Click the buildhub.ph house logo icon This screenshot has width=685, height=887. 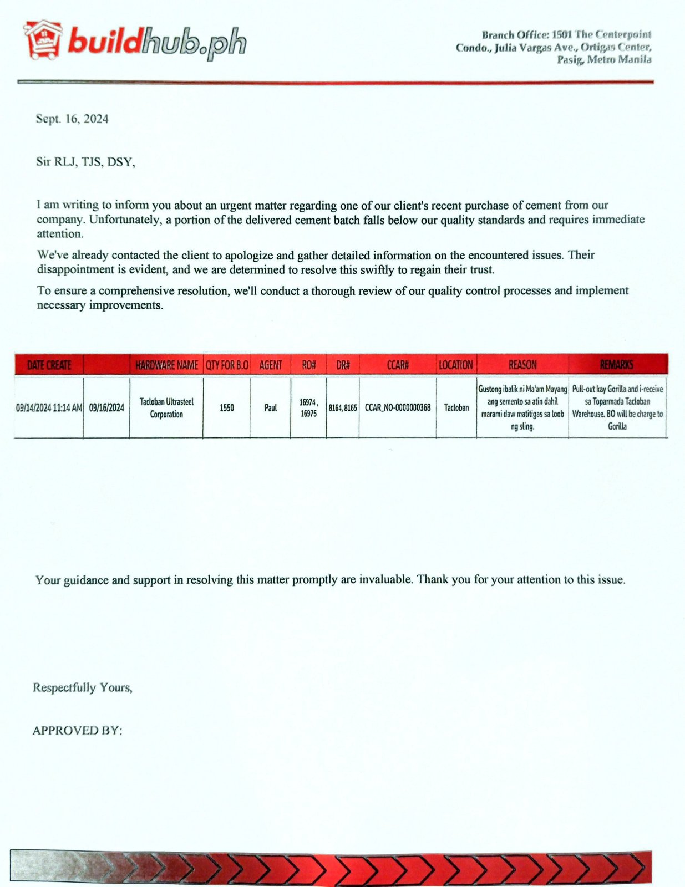(x=43, y=40)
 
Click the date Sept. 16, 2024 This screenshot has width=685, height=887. (x=72, y=119)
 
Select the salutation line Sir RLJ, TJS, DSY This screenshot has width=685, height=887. (x=85, y=162)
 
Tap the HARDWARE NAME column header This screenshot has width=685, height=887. (x=166, y=365)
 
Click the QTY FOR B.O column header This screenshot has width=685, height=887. (x=227, y=365)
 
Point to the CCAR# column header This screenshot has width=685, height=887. (x=398, y=365)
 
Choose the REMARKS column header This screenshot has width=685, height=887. (x=617, y=365)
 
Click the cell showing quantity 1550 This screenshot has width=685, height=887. (x=227, y=407)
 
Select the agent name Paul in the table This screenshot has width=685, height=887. (x=271, y=407)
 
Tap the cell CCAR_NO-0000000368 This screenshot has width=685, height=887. (x=398, y=407)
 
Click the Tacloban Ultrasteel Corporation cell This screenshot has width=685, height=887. (x=166, y=407)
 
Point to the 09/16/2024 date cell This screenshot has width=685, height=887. (x=106, y=407)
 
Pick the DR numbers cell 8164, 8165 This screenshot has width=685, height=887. (x=343, y=407)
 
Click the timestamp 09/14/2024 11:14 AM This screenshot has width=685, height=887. (x=49, y=407)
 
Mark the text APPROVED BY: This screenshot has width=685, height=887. (x=77, y=730)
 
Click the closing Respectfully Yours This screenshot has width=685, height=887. (x=83, y=687)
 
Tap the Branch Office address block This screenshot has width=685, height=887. (x=555, y=47)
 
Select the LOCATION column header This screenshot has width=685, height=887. (x=456, y=365)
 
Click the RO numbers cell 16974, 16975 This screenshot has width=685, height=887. (x=308, y=407)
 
